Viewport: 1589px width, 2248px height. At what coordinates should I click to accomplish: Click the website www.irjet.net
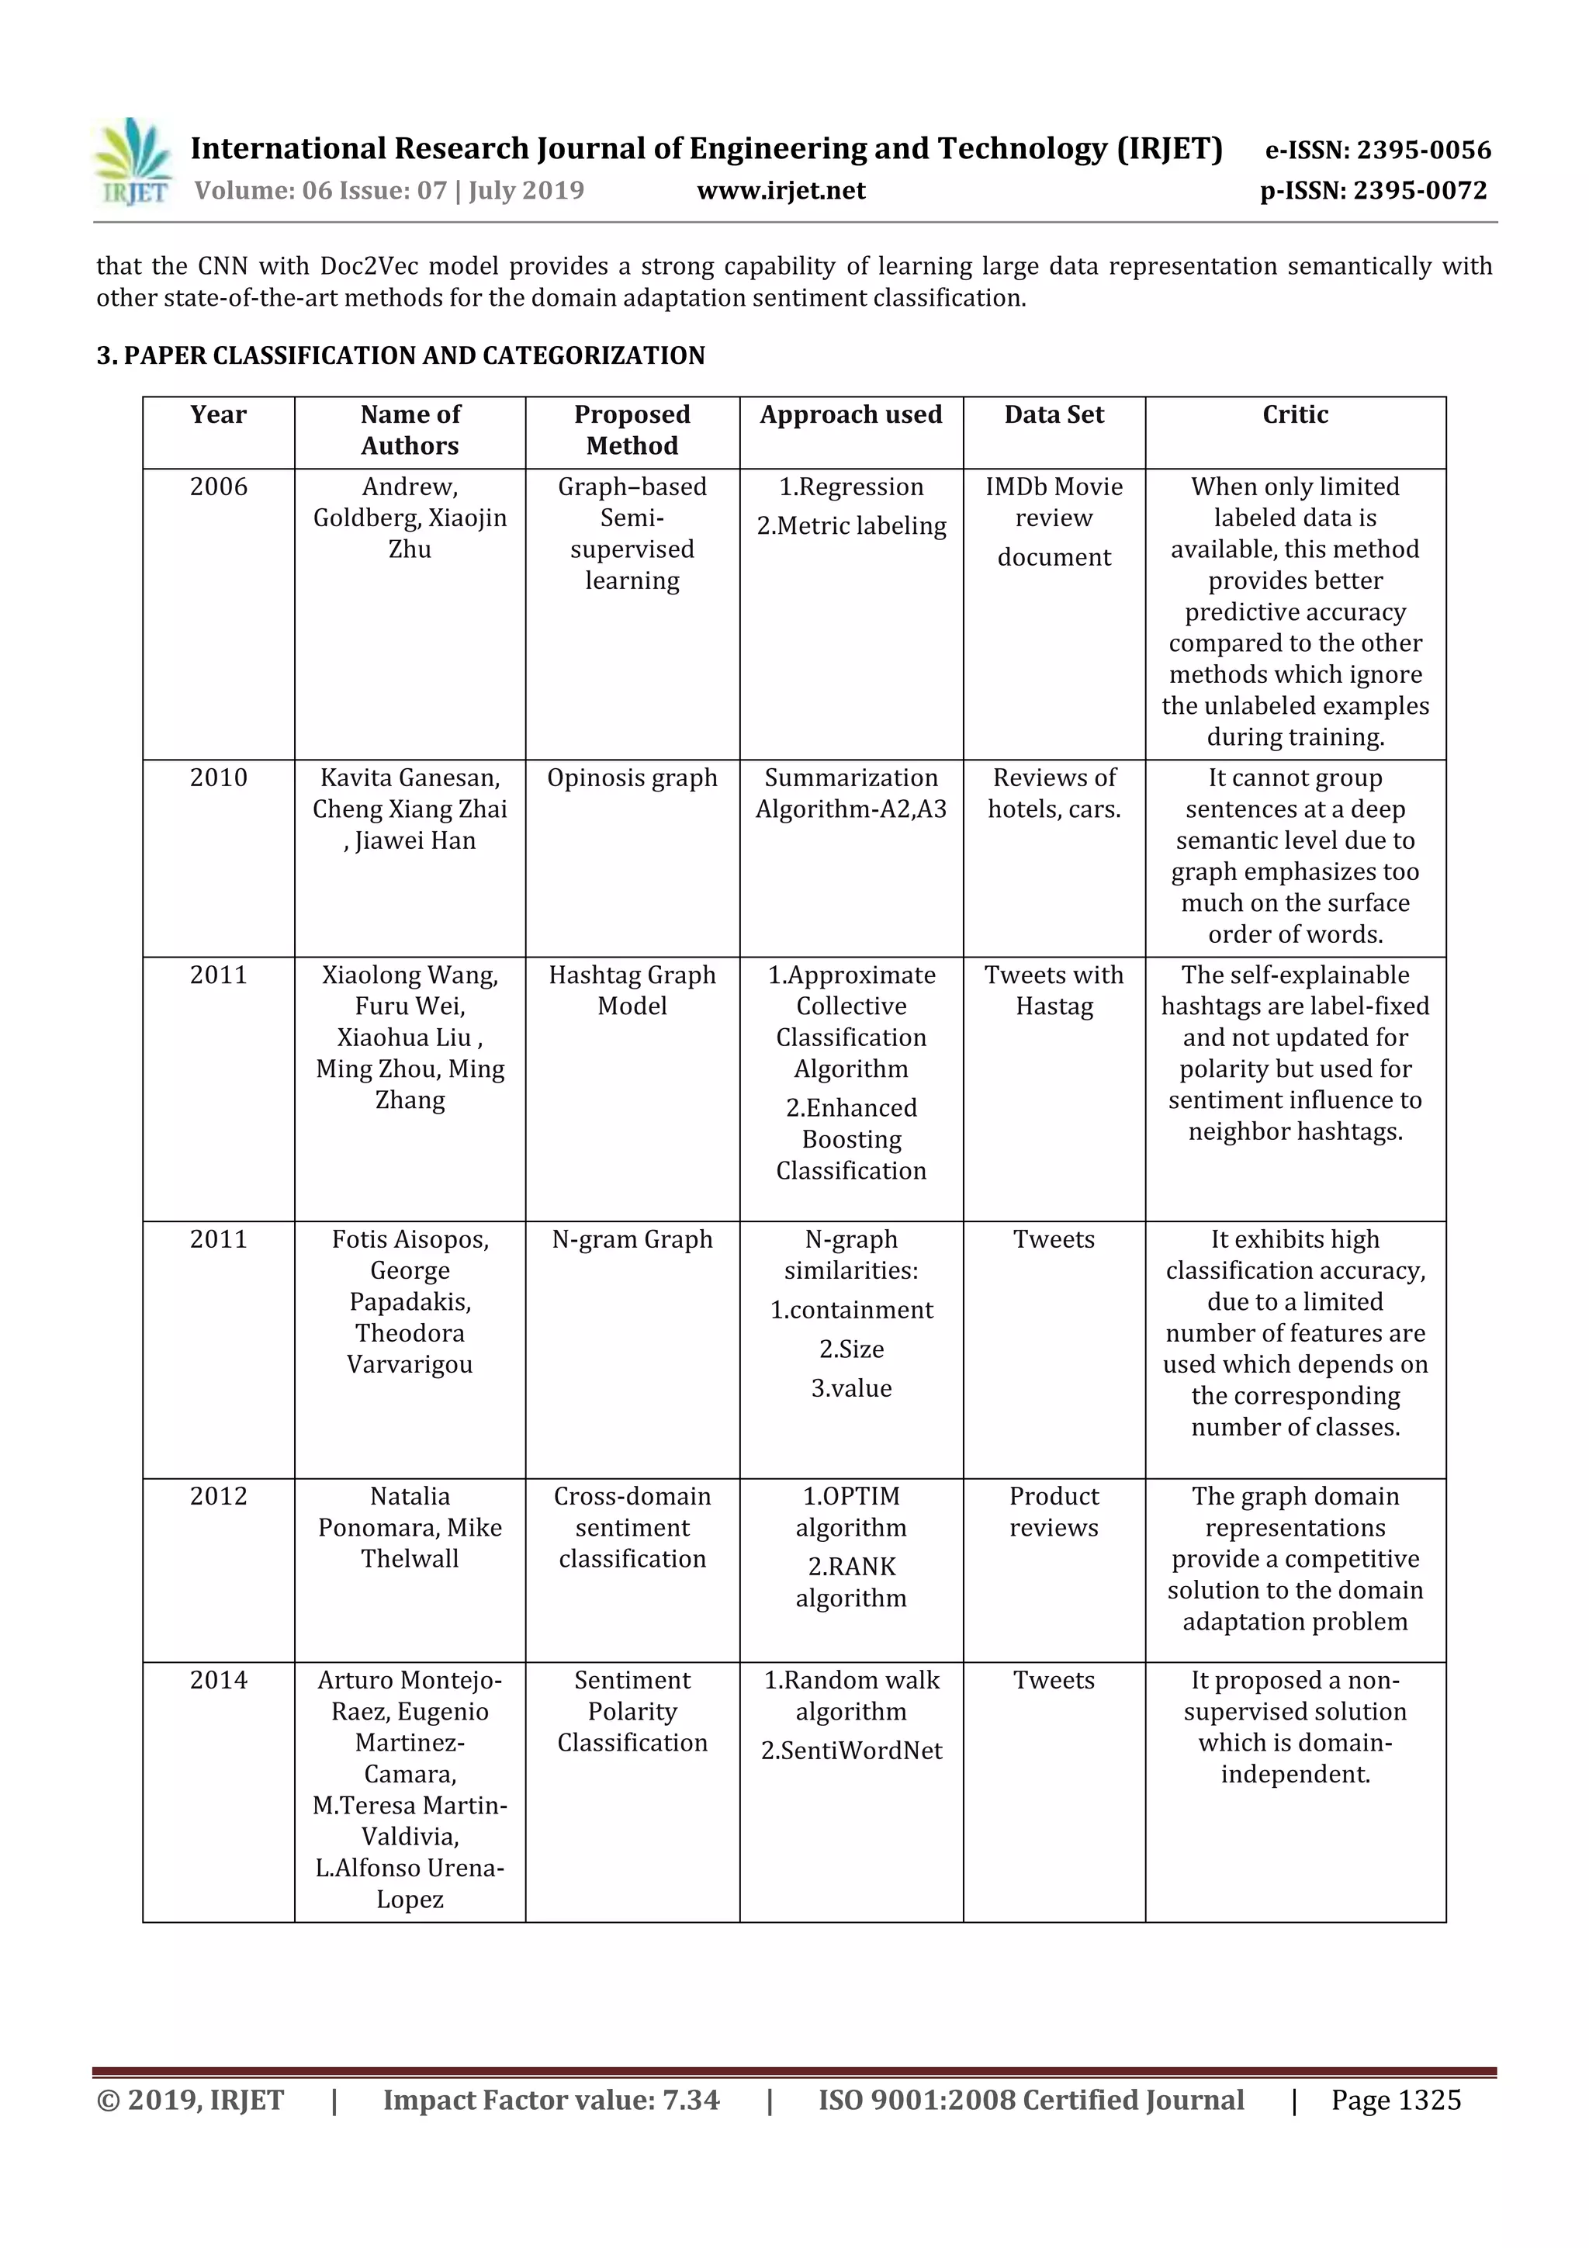coord(781,190)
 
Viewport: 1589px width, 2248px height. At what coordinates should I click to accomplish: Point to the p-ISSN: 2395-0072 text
coord(1373,190)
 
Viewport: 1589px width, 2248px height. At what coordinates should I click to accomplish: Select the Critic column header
coord(1294,415)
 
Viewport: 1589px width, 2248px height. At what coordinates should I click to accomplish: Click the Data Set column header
coord(1054,415)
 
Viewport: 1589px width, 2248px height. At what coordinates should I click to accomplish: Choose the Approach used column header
coord(851,415)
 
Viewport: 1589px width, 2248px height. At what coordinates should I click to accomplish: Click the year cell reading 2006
coord(218,487)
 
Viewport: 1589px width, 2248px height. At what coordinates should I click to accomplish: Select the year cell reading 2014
coord(218,1680)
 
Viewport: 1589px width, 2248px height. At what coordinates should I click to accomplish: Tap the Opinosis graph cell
coord(632,778)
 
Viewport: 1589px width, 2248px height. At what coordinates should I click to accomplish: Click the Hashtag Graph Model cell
coord(632,990)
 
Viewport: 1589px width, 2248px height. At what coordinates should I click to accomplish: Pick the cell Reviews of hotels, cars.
coord(1054,793)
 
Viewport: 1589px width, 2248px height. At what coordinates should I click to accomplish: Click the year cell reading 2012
coord(218,1496)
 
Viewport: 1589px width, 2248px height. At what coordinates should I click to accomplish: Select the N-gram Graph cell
coord(632,1239)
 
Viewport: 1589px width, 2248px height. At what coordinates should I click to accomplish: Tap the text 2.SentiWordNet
coord(851,1751)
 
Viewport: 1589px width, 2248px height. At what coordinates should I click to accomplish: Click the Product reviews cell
coord(1054,1512)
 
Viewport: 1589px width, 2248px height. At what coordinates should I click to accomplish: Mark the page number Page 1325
coord(1395,2100)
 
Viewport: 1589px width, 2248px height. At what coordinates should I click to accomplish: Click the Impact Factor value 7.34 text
coord(550,2100)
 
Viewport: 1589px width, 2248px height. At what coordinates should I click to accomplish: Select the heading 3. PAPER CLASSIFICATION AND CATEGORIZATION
coord(400,355)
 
